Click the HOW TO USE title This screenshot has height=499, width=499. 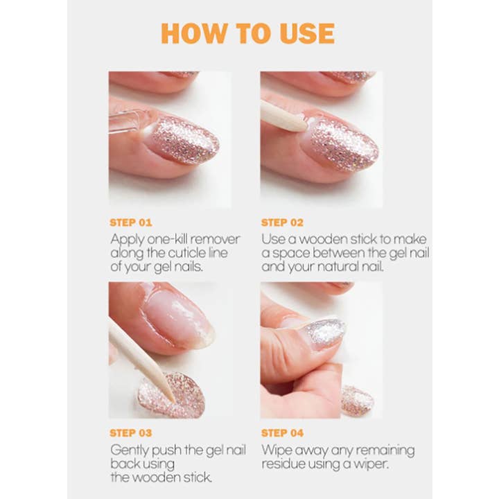click(x=247, y=33)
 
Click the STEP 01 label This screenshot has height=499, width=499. click(x=130, y=222)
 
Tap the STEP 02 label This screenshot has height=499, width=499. click(x=282, y=222)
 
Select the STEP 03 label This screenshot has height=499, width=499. click(x=131, y=433)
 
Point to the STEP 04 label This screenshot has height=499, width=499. click(x=283, y=433)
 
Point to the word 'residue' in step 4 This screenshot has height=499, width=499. click(x=281, y=464)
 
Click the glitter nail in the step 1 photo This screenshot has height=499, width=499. click(x=184, y=139)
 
